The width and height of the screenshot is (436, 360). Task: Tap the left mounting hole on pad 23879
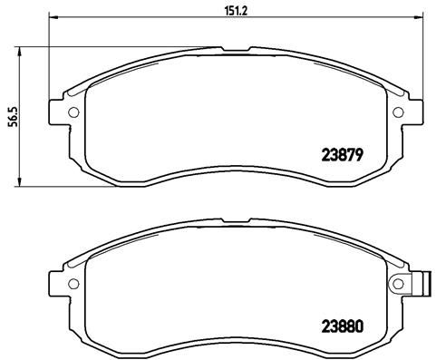(74, 112)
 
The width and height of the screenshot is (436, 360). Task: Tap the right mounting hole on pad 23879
(398, 112)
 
